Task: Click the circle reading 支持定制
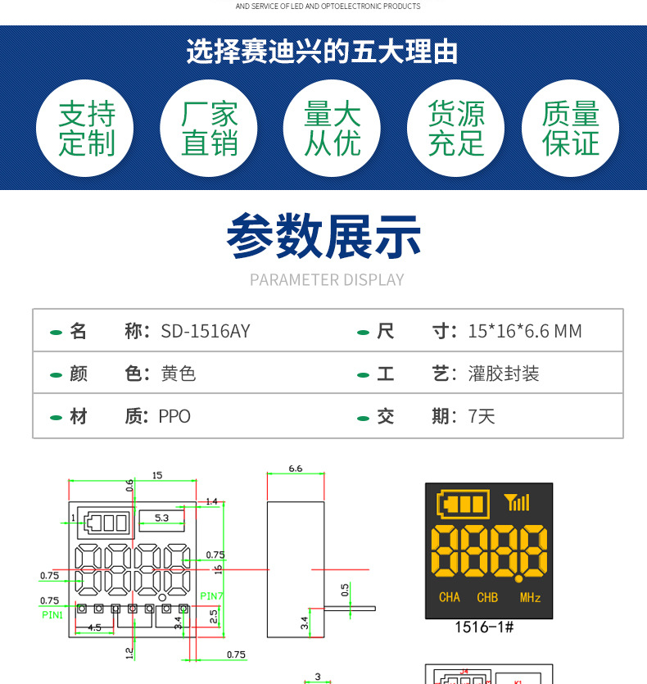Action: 85,129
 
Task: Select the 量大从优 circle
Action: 332,129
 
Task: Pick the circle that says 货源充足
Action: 455,129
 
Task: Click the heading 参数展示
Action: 323,237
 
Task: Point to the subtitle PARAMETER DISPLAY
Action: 327,280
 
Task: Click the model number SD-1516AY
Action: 206,332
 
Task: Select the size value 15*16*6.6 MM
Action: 525,332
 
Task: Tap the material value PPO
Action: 174,417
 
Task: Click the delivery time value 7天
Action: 482,417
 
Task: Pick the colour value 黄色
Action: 179,374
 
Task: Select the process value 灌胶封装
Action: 504,374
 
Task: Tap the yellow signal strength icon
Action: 517,502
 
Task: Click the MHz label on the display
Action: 530,598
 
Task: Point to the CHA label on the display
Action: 450,598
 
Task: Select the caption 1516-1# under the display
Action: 483,628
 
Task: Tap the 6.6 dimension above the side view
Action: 296,469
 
